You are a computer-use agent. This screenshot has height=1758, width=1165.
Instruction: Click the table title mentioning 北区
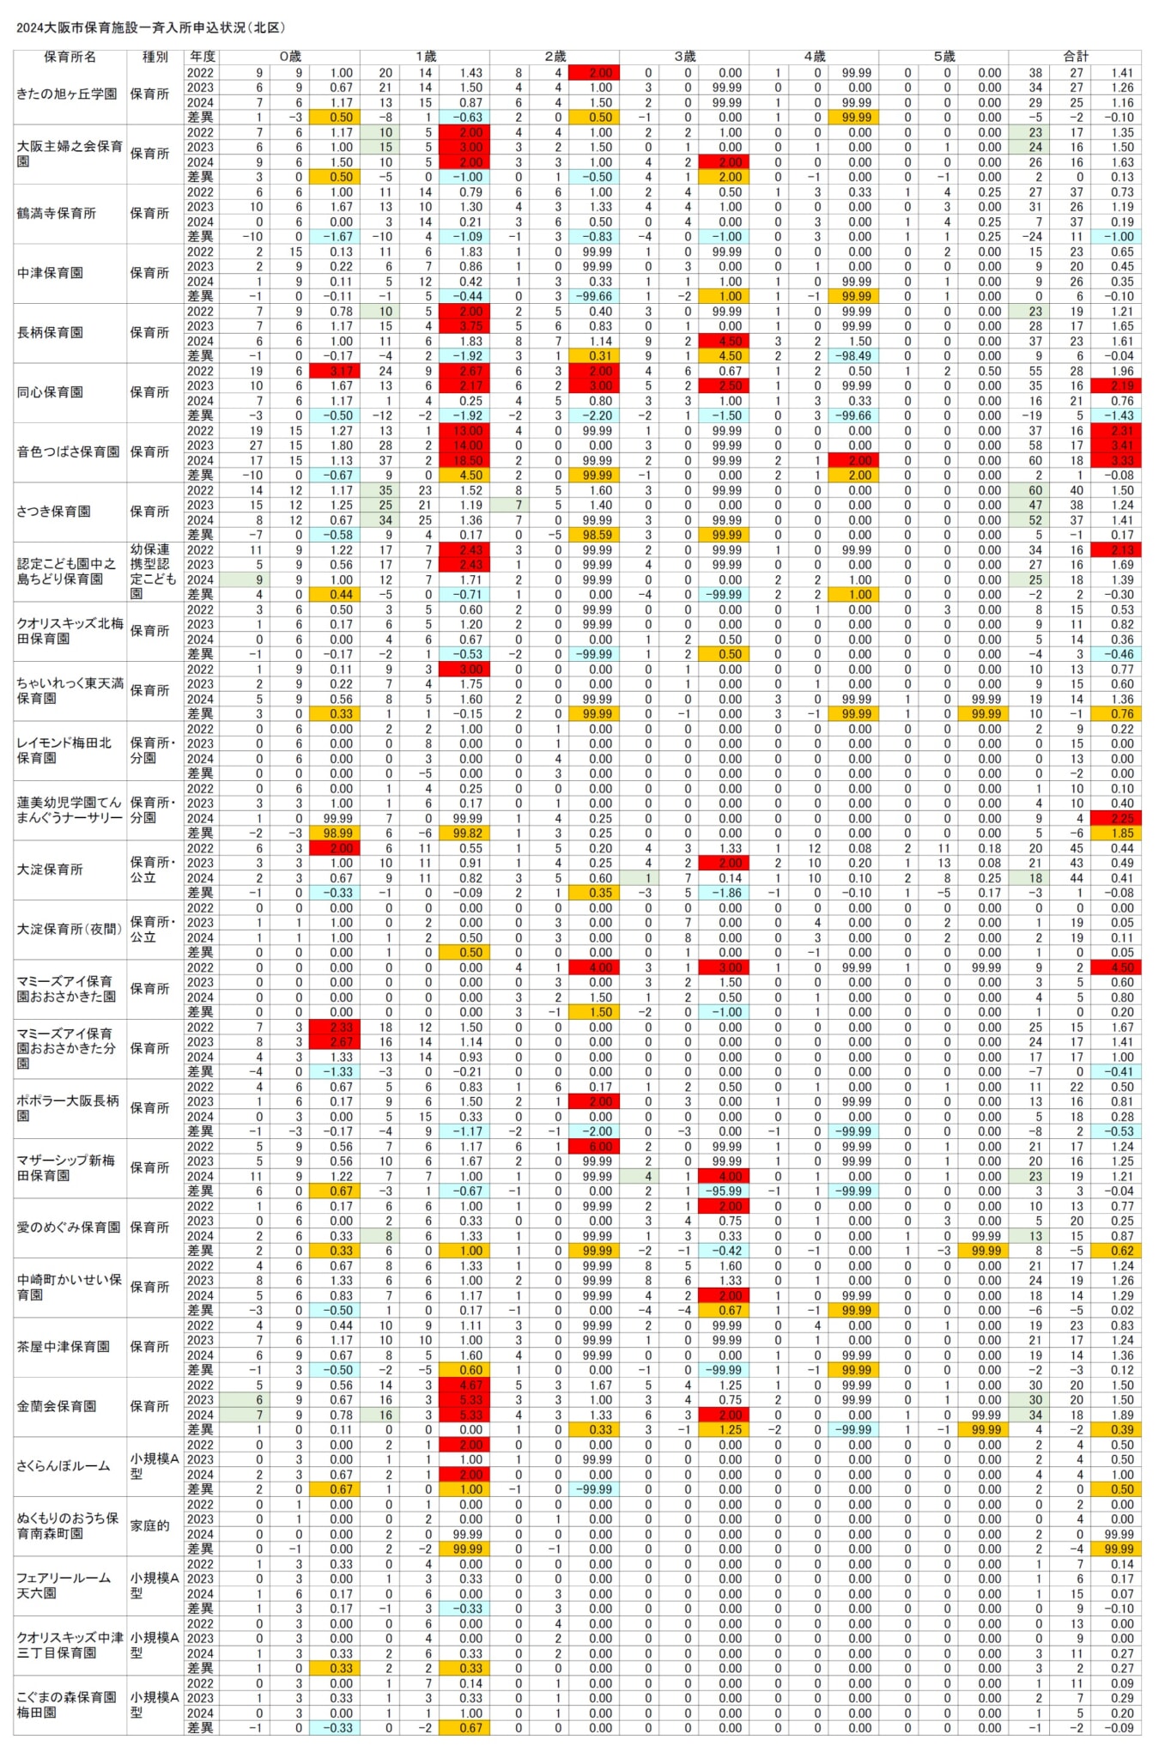tap(151, 28)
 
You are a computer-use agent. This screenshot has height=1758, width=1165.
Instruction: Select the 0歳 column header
tap(289, 57)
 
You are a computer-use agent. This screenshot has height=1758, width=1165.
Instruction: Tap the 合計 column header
tap(1075, 57)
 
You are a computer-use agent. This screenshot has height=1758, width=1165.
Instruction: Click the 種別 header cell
tap(155, 57)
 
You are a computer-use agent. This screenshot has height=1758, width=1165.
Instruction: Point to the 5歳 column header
tap(944, 57)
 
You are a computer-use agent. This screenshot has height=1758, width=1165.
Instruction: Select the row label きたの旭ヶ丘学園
tap(68, 94)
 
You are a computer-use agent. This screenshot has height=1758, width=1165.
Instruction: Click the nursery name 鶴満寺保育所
tap(57, 214)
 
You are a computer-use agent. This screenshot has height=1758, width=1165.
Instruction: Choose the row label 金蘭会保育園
tap(57, 1406)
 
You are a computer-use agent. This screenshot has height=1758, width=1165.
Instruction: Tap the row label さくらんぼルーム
tap(64, 1466)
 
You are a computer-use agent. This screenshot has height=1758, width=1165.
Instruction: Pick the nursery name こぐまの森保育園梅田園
tap(67, 1704)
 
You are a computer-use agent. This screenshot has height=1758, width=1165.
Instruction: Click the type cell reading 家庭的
tap(150, 1525)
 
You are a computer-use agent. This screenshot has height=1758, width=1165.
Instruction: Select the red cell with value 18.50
tap(464, 461)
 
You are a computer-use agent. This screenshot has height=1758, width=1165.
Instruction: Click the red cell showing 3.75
tap(464, 326)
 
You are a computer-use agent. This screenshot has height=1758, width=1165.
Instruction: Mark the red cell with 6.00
tap(593, 1147)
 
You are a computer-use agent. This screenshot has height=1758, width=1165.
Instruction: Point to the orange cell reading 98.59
tap(593, 535)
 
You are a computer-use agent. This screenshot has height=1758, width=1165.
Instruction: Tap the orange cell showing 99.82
tap(464, 834)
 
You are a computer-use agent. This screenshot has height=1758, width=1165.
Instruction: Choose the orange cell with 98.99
tap(334, 834)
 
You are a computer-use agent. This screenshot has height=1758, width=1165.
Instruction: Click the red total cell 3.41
tap(1116, 446)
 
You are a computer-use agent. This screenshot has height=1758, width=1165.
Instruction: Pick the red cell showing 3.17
tap(334, 371)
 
